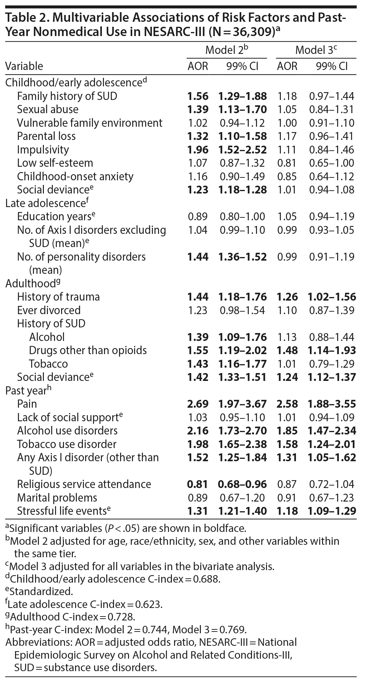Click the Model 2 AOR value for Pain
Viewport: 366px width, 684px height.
[x=198, y=404]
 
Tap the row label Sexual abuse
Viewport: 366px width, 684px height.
[x=48, y=109]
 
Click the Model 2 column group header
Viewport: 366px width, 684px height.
[x=227, y=50]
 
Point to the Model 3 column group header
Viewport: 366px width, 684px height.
[x=316, y=50]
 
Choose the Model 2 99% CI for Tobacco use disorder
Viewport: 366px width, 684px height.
[x=242, y=444]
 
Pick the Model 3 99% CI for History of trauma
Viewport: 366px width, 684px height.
[x=332, y=297]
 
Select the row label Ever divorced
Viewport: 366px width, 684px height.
[x=49, y=310]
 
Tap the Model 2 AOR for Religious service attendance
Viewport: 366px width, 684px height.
[x=198, y=484]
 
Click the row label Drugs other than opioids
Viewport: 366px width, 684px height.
[x=88, y=350]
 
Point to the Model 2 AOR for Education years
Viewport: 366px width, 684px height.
[x=198, y=216]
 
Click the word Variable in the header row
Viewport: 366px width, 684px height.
[x=24, y=66]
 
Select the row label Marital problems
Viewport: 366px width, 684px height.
[x=57, y=498]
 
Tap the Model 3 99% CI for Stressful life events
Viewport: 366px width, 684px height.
[x=332, y=511]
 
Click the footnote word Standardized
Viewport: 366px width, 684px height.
[x=41, y=591]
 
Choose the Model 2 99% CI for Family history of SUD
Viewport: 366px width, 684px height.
[x=242, y=96]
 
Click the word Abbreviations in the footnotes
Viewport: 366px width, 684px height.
[x=39, y=642]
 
